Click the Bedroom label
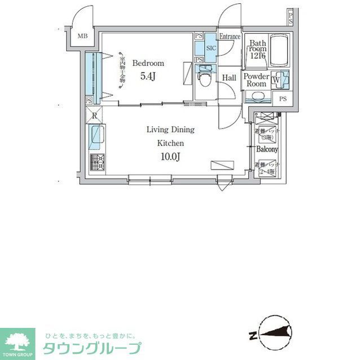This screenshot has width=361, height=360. point(148,63)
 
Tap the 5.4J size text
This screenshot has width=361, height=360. point(147,77)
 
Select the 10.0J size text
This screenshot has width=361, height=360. point(170,156)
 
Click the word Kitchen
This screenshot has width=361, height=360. point(170,143)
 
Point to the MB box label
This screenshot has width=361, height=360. point(82,37)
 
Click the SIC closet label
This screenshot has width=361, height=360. point(211,48)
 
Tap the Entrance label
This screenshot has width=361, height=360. point(230,37)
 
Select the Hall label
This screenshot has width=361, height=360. point(229,78)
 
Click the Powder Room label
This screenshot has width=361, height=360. point(257,80)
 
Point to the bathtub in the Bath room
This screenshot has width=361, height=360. point(279,51)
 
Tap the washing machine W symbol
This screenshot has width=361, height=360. point(275,79)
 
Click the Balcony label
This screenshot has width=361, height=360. point(267,149)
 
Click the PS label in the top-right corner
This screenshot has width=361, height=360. point(290,18)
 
